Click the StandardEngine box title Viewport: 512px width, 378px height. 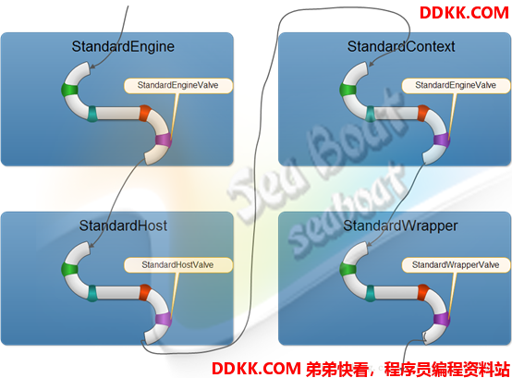tap(123, 46)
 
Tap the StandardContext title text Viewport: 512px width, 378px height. tap(401, 46)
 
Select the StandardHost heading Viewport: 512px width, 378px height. tap(123, 226)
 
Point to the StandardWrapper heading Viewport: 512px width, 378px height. tap(400, 226)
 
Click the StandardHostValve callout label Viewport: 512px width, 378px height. tap(178, 264)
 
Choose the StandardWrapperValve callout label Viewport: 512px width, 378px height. tap(456, 264)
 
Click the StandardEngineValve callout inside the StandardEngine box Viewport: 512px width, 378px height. tap(178, 86)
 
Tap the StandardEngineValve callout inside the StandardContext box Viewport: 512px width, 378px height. tap(456, 86)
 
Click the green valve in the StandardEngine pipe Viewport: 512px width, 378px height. tap(69, 90)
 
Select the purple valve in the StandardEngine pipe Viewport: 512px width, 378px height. tap(164, 140)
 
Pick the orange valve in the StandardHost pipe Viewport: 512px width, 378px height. tap(145, 292)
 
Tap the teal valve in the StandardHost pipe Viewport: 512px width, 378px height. tap(92, 293)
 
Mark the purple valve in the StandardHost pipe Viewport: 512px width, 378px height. tap(164, 319)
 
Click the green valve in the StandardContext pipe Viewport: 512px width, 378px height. tap(347, 90)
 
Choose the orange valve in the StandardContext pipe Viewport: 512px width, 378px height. tap(423, 114)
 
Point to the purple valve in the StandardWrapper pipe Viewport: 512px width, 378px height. tap(442, 319)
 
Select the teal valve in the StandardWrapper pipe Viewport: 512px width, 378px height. tap(371, 293)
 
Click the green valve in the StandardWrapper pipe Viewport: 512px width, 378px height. tap(347, 269)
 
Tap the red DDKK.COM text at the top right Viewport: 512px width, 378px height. tap(464, 13)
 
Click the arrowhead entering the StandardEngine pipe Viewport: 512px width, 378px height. tap(92, 67)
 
